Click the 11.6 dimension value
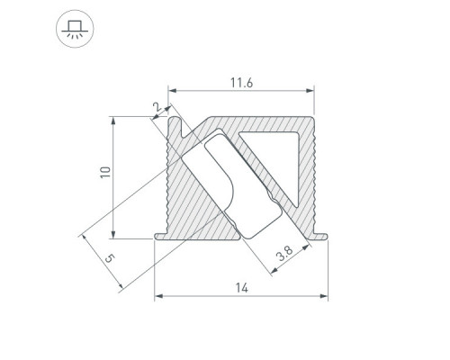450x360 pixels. [x=241, y=83]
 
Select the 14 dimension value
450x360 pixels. [x=242, y=288]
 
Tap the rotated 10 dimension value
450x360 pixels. [x=105, y=172]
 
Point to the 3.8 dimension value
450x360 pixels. [x=284, y=254]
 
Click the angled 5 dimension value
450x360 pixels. [x=110, y=258]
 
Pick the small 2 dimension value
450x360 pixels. [x=157, y=107]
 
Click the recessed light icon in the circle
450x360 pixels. [x=75, y=29]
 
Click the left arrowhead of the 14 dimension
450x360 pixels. [x=158, y=296]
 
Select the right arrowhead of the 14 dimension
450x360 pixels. [x=324, y=296]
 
